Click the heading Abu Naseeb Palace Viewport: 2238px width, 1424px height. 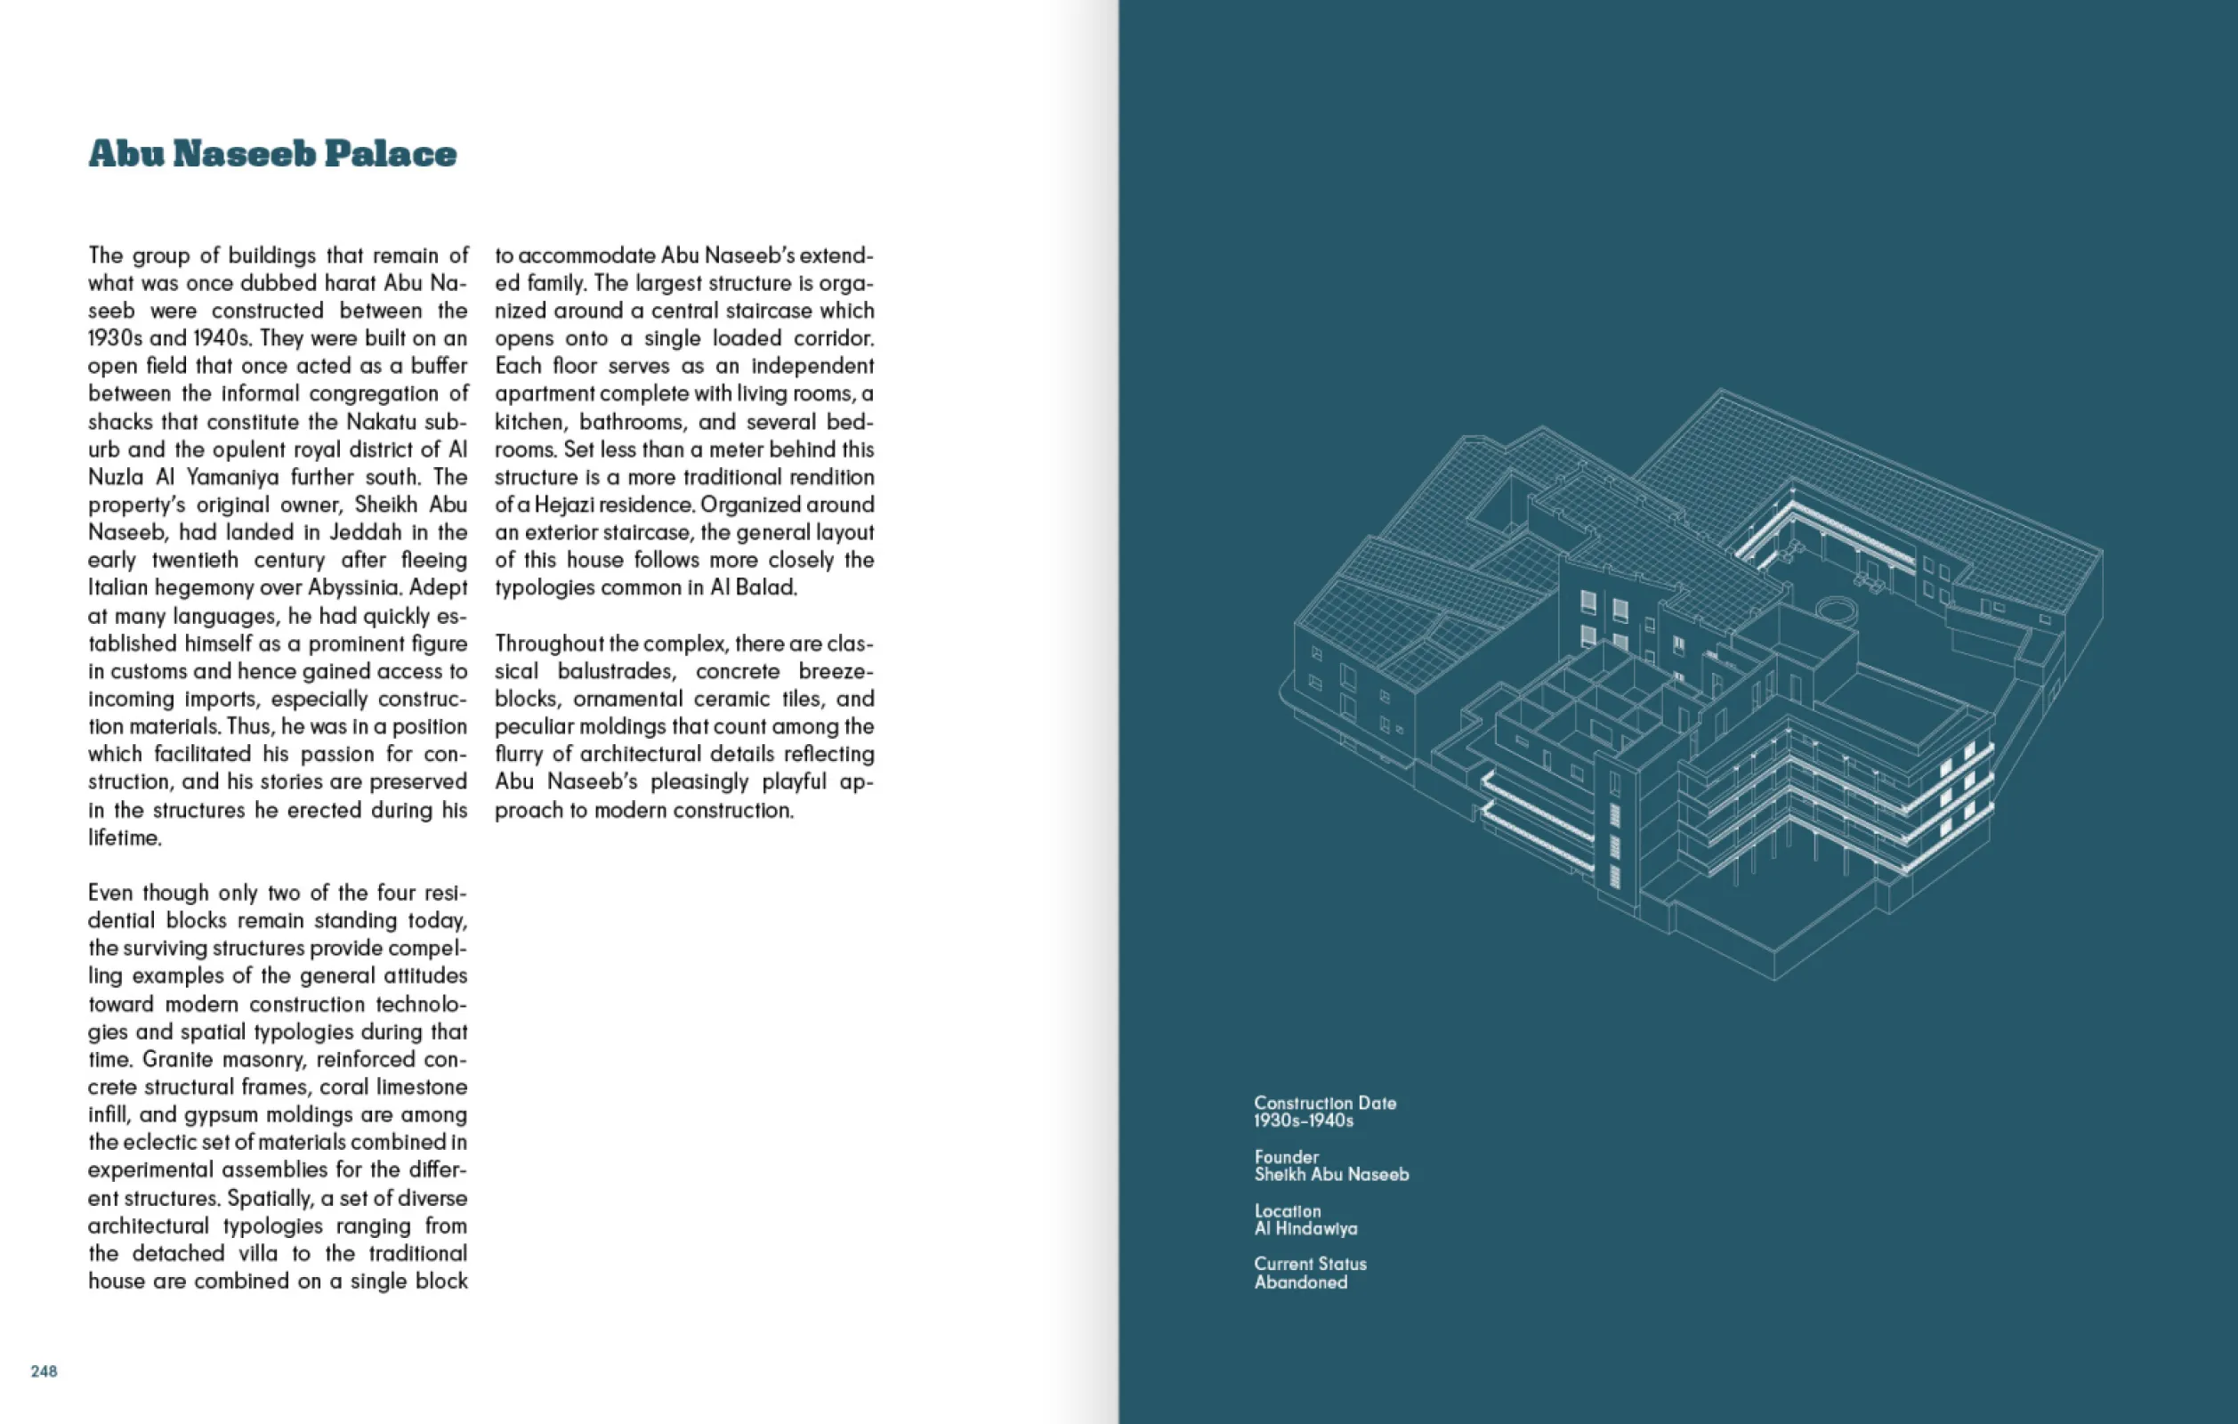(x=272, y=154)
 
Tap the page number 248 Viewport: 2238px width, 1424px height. (x=44, y=1371)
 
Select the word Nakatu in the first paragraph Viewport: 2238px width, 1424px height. (x=382, y=421)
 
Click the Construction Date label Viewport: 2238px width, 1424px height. (x=1324, y=1104)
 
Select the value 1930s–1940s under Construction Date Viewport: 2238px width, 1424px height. (x=1303, y=1121)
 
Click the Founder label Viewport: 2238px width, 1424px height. (x=1286, y=1157)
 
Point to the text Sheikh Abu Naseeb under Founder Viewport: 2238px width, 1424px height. (x=1331, y=1175)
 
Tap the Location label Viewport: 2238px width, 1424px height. (x=1288, y=1211)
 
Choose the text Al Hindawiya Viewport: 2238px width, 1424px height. (x=1305, y=1229)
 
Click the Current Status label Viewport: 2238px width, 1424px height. (x=1310, y=1264)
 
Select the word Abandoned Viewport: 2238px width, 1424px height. (x=1300, y=1282)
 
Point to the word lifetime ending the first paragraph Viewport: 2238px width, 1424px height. (x=125, y=837)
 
